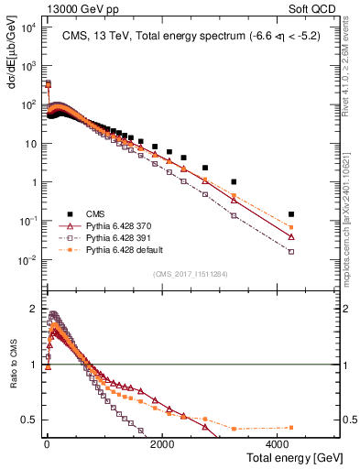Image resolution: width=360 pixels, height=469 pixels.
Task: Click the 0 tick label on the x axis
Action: [x=47, y=442]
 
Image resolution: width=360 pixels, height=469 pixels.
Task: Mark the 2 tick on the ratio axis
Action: [x=35, y=309]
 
